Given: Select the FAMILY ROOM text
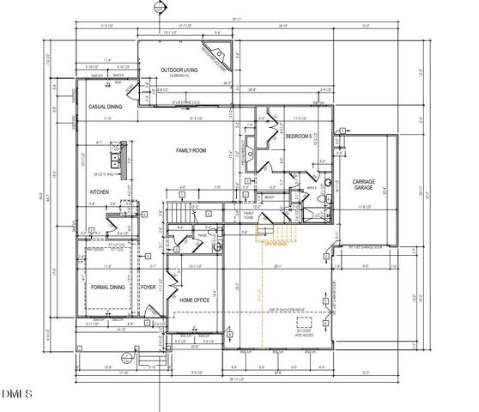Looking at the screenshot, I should pos(191,150).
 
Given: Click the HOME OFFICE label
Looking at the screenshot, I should pos(195,300).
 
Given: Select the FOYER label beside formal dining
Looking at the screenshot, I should pos(149,288).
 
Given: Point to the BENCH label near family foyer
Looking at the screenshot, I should pos(269,197).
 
